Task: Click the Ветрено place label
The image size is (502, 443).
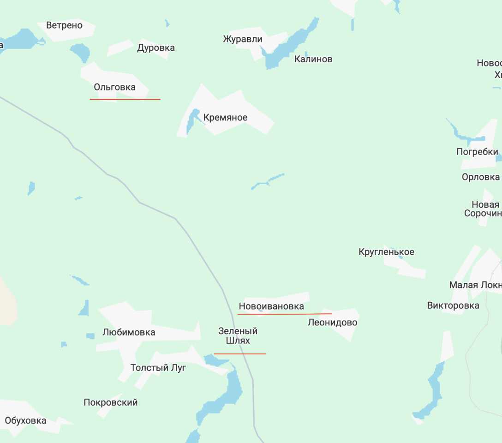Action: pyautogui.click(x=64, y=25)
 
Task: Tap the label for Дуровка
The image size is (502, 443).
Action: pyautogui.click(x=156, y=48)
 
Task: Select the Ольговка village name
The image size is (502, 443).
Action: pyautogui.click(x=114, y=87)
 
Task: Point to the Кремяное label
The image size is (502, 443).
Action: pyautogui.click(x=225, y=118)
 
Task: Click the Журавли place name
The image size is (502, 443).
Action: pyautogui.click(x=242, y=39)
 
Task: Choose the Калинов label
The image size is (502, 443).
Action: pyautogui.click(x=313, y=59)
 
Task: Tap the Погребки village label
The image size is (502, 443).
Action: pyautogui.click(x=477, y=152)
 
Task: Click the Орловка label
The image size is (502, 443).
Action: pyautogui.click(x=481, y=177)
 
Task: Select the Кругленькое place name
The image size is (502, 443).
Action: pyautogui.click(x=386, y=252)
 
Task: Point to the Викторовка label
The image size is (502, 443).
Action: pyautogui.click(x=453, y=305)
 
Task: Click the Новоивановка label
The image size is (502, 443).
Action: pyautogui.click(x=271, y=306)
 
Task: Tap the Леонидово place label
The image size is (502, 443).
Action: pyautogui.click(x=332, y=323)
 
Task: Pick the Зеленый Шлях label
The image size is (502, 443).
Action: pyautogui.click(x=238, y=336)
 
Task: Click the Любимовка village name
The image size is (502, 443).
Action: pyautogui.click(x=129, y=333)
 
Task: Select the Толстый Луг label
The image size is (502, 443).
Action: pyautogui.click(x=158, y=368)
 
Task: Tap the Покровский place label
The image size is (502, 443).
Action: pyautogui.click(x=111, y=402)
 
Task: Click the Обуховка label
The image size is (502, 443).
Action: pyautogui.click(x=25, y=421)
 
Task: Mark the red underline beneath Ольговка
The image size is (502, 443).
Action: pyautogui.click(x=125, y=99)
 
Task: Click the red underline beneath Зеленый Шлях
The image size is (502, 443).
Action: pyautogui.click(x=240, y=354)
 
